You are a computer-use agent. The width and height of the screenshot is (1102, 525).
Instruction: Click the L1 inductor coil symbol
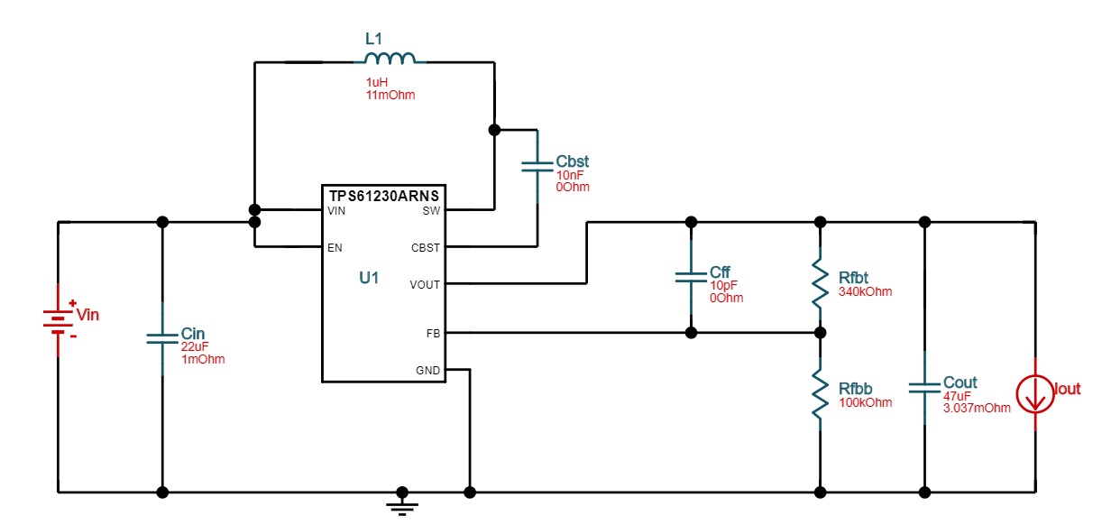coord(390,58)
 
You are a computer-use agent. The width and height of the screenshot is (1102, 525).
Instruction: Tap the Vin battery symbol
coord(59,320)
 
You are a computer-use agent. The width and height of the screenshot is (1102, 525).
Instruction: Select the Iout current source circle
coord(1035,393)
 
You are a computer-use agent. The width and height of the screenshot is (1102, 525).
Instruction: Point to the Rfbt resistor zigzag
coord(820,284)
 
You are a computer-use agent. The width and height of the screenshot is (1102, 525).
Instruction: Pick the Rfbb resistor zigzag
coord(820,394)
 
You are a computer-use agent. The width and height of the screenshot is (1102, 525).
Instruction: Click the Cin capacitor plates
coord(162,338)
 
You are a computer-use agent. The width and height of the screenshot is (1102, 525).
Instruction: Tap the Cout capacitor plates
coord(924,388)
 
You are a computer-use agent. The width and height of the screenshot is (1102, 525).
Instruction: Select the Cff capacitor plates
coord(691,278)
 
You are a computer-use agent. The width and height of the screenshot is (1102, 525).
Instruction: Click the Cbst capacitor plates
coord(537,167)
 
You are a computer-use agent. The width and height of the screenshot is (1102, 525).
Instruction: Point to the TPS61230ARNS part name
coord(384,197)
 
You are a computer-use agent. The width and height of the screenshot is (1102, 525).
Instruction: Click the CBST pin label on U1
coord(426,248)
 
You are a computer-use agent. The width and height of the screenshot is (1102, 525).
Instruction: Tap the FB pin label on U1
coord(433,334)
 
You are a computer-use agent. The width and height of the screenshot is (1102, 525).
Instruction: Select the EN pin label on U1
coord(335,248)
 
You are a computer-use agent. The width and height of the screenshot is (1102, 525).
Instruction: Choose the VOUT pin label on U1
coord(425,285)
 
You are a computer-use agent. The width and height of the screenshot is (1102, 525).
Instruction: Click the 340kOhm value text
coord(866,291)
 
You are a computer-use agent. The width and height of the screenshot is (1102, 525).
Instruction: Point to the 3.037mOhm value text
coord(977,408)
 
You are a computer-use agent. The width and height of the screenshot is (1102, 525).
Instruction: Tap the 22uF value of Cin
coord(194,347)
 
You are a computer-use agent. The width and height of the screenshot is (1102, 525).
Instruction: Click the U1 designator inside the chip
coord(369,278)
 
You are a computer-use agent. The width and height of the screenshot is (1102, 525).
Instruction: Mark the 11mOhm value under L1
coord(390,95)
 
